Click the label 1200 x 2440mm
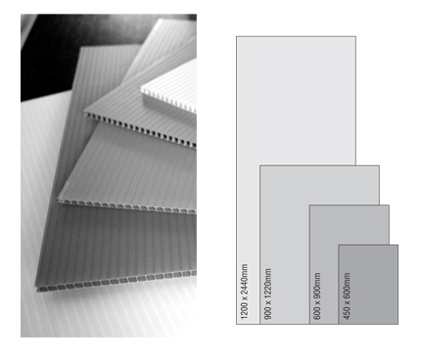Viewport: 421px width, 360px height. pyautogui.click(x=244, y=292)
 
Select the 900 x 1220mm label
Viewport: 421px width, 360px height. pyautogui.click(x=267, y=293)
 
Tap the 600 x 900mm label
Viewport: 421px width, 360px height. pyautogui.click(x=317, y=295)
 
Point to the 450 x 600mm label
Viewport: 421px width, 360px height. pyautogui.click(x=347, y=295)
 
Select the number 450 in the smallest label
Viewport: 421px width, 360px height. pyautogui.click(x=347, y=313)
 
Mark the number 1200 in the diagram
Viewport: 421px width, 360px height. pyautogui.click(x=244, y=311)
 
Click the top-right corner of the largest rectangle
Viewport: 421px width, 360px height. pyautogui.click(x=355, y=36)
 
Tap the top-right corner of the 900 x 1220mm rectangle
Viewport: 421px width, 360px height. pyautogui.click(x=379, y=165)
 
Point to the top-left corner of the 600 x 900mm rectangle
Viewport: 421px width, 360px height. pyautogui.click(x=309, y=205)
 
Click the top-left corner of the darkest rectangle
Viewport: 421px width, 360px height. pyautogui.click(x=339, y=245)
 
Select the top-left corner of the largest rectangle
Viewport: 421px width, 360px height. pyautogui.click(x=236, y=36)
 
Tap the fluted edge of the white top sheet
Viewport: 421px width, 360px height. pyautogui.click(x=168, y=102)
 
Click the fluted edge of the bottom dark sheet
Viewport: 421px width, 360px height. pyautogui.click(x=116, y=282)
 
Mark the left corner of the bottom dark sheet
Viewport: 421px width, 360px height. pyautogui.click(x=36, y=287)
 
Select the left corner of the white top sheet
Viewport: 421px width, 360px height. pyautogui.click(x=141, y=88)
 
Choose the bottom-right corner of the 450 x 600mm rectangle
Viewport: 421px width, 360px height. pyautogui.click(x=398, y=324)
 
